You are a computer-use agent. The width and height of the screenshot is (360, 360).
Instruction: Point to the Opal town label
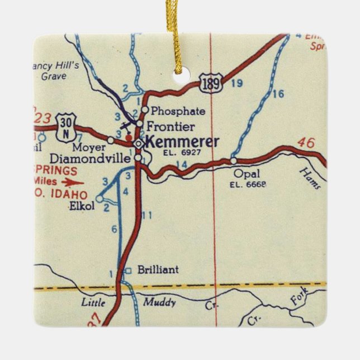pyautogui.click(x=247, y=173)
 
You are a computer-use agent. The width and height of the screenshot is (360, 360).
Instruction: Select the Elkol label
pyautogui.click(x=82, y=206)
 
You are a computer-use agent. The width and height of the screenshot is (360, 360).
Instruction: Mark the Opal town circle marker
pyautogui.click(x=233, y=160)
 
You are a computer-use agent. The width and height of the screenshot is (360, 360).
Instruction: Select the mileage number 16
pyautogui.click(x=278, y=94)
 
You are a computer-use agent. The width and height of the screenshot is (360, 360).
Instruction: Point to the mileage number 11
pyautogui.click(x=147, y=215)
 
